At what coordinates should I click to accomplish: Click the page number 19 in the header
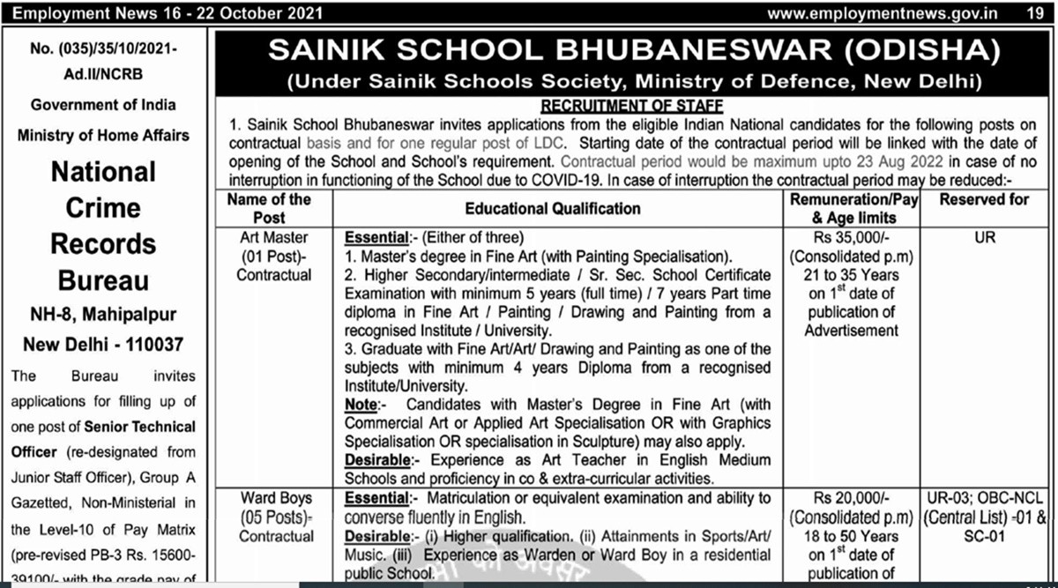pyautogui.click(x=1034, y=13)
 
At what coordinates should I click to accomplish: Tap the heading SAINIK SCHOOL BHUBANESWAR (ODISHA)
pyautogui.click(x=634, y=50)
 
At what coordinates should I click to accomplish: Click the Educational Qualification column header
pyautogui.click(x=553, y=209)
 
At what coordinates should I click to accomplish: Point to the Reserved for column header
pyautogui.click(x=984, y=200)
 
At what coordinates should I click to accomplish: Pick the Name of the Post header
pyautogui.click(x=269, y=209)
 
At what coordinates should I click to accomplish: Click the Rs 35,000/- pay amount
pyautogui.click(x=853, y=237)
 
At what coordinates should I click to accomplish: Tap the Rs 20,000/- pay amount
pyautogui.click(x=853, y=499)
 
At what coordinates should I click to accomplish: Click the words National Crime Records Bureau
pyautogui.click(x=102, y=226)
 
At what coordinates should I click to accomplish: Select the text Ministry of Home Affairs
pyautogui.click(x=103, y=136)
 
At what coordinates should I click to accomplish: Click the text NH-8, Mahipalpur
pyautogui.click(x=103, y=316)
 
